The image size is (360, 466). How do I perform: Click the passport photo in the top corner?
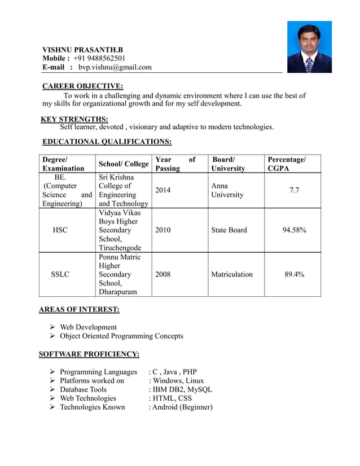click(309, 47)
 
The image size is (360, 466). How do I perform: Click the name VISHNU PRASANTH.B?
click(83, 50)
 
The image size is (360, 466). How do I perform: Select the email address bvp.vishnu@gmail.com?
click(115, 67)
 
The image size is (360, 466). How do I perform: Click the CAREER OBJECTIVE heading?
click(83, 86)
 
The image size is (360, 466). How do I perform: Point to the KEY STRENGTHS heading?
click(75, 118)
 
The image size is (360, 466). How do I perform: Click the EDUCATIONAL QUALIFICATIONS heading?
click(107, 142)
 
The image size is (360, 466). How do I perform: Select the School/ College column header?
click(124, 164)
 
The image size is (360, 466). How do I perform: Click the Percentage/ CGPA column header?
click(287, 164)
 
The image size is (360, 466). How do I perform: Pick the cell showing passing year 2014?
click(163, 190)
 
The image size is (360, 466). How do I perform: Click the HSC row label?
click(59, 230)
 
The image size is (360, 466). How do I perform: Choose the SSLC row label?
click(60, 274)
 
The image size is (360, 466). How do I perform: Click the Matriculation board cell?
click(232, 274)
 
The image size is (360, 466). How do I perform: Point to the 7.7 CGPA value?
click(295, 190)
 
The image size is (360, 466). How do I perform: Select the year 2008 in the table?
click(163, 274)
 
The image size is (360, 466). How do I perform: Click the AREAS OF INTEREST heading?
click(79, 309)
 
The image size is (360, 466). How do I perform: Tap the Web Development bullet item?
click(88, 327)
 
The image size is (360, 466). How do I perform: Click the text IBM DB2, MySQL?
click(181, 389)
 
